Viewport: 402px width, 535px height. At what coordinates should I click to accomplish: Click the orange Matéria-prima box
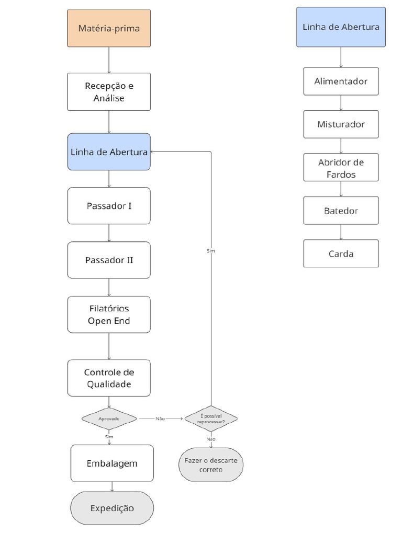coord(109,28)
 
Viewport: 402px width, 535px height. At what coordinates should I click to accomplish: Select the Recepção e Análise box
coord(109,91)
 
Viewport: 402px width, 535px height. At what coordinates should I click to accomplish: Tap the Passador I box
coord(109,206)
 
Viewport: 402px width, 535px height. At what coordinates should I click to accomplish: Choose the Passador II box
coord(109,260)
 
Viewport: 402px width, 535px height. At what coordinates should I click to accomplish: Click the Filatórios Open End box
coord(109,315)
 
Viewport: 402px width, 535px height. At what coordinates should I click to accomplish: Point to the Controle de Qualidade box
coord(109,378)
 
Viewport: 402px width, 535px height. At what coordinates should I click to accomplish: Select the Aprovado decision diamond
coord(109,418)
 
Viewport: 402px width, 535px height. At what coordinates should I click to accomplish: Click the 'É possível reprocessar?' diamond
coord(211,418)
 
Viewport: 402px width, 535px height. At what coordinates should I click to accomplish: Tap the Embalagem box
coord(112,463)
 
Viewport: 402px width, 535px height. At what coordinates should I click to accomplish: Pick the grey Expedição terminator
coord(112,508)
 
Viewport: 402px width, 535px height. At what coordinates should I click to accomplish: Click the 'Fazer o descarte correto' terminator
coord(211,465)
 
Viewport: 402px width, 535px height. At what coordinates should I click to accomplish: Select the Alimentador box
coord(341,82)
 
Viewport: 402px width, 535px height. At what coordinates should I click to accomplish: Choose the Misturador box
coord(341,124)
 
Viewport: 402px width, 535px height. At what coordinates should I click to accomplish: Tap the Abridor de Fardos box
coord(341,168)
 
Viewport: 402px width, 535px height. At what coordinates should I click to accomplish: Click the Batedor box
coord(341,211)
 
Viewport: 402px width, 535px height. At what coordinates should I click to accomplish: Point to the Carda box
coord(341,254)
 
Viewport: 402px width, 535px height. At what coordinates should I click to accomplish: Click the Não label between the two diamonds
coord(160,418)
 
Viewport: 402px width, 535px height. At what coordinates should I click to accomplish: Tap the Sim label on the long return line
coord(211,251)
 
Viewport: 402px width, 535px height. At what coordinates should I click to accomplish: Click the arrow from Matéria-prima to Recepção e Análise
coord(109,60)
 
